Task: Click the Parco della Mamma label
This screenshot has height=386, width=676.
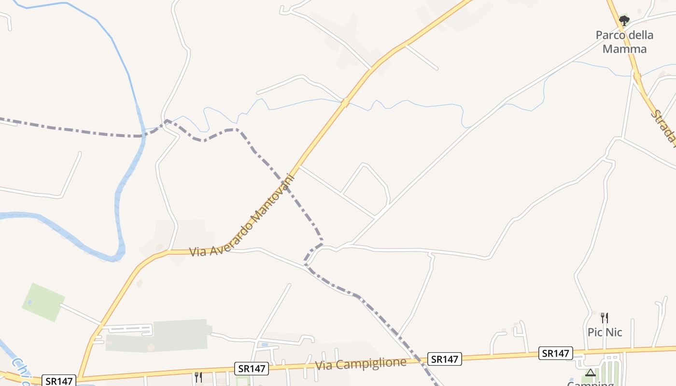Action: [624, 42]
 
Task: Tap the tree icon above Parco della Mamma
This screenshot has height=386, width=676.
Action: [624, 21]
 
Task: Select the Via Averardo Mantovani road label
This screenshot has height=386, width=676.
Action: [241, 215]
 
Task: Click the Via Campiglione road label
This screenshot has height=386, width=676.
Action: [361, 363]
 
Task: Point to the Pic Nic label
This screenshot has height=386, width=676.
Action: [605, 332]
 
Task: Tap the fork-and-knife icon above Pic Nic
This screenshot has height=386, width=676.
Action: [604, 317]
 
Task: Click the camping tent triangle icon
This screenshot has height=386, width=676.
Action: [590, 372]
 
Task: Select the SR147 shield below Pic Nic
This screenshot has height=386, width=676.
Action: [555, 353]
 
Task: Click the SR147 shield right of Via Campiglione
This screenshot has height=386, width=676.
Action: [444, 359]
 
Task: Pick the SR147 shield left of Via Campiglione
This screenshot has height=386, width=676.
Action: [252, 369]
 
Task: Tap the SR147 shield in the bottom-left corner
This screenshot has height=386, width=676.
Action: [59, 380]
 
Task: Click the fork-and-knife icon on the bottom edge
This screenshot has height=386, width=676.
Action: [198, 377]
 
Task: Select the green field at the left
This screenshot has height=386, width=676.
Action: [43, 302]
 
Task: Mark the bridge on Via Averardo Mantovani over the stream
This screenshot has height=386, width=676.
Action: [345, 102]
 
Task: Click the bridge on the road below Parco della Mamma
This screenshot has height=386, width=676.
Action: [637, 76]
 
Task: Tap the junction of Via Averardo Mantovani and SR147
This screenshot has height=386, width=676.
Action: [81, 376]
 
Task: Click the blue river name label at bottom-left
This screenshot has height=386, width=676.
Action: [22, 371]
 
